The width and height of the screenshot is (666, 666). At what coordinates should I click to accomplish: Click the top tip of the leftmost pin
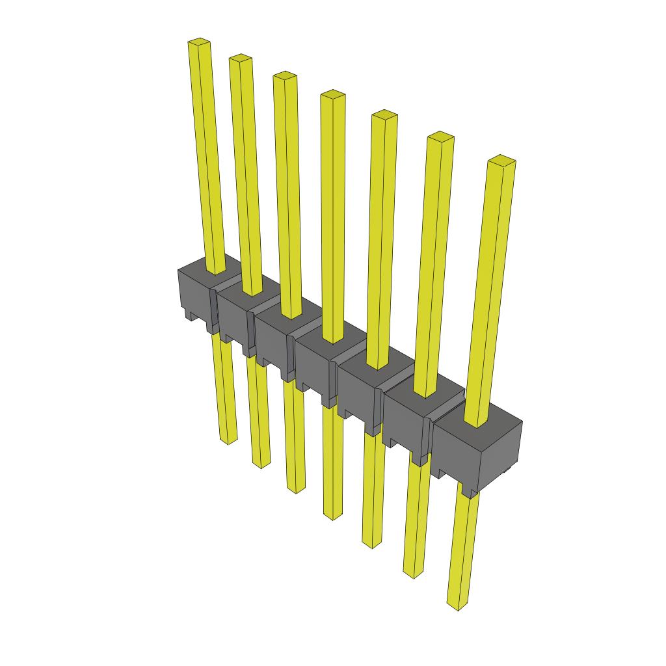point(200,43)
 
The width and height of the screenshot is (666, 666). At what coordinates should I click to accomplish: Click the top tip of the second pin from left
point(240,59)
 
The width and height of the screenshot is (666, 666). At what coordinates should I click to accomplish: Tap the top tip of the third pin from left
point(285,75)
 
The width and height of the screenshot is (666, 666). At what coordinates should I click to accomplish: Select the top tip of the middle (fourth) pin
point(332,94)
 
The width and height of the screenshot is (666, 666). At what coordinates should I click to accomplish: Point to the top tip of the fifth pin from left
point(384,114)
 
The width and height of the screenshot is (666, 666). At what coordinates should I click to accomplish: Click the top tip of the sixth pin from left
point(440,136)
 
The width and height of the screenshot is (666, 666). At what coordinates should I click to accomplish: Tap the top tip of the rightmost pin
point(501,159)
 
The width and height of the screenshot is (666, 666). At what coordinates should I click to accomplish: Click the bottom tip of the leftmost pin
point(228,440)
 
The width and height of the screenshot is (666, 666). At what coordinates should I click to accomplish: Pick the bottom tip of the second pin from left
point(261,464)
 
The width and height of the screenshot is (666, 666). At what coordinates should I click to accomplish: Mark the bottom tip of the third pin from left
point(296,488)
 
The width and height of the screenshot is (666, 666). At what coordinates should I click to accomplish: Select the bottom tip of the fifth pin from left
point(371,544)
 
